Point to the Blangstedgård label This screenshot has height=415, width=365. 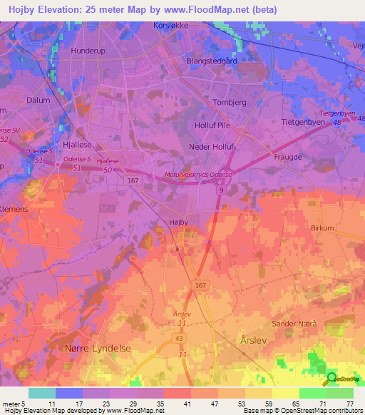point(211,61)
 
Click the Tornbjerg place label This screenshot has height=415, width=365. point(230,102)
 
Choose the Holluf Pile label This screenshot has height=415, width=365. point(212,125)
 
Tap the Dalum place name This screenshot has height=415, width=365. point(38,101)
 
